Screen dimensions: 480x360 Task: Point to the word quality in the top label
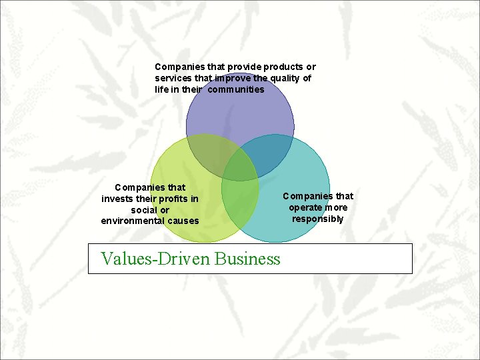coord(282,78)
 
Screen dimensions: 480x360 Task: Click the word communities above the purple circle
coord(236,89)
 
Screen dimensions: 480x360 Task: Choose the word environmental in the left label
coord(133,221)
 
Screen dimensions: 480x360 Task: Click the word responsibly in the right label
coord(318,219)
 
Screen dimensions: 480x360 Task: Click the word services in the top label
coord(173,78)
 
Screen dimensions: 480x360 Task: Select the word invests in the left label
coord(118,199)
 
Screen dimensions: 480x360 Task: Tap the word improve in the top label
coord(230,78)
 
